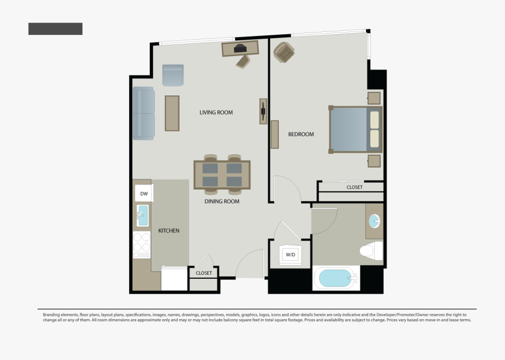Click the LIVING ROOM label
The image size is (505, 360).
click(216, 113)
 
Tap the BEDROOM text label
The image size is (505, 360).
click(301, 135)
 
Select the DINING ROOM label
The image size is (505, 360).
click(222, 201)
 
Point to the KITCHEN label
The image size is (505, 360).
click(168, 230)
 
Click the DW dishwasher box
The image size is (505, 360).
click(144, 194)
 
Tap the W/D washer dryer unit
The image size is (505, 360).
click(290, 255)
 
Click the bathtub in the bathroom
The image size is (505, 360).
click(336, 278)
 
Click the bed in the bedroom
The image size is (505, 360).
click(355, 130)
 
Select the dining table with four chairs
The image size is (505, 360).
click(222, 174)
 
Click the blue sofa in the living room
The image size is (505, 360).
click(144, 114)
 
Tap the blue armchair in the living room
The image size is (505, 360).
click(173, 75)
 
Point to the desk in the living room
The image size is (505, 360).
click(240, 49)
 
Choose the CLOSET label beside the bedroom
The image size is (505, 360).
click(354, 187)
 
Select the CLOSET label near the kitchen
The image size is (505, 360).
click(204, 273)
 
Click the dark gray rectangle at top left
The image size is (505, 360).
click(56, 29)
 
